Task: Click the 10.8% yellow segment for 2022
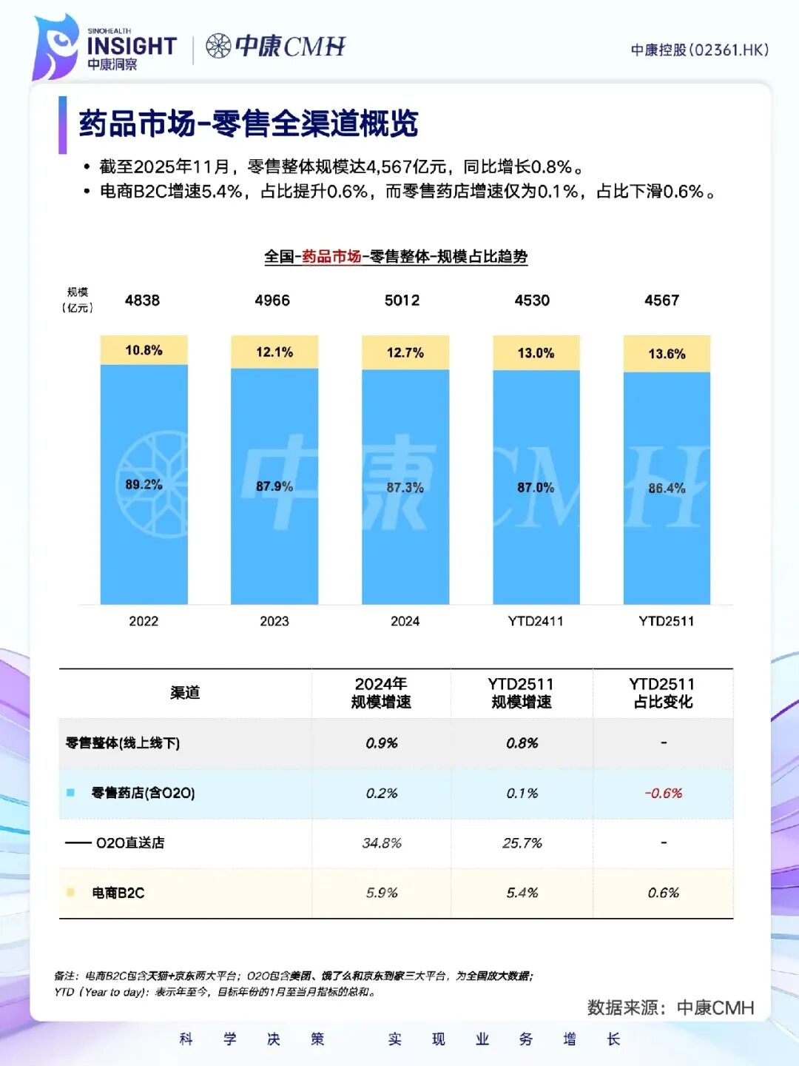pyautogui.click(x=144, y=350)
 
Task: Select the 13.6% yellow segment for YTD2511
pyautogui.click(x=667, y=353)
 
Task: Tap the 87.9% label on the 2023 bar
pyautogui.click(x=274, y=486)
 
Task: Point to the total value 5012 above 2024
pyautogui.click(x=402, y=301)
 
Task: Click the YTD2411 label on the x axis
pyautogui.click(x=536, y=621)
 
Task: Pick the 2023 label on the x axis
pyautogui.click(x=274, y=621)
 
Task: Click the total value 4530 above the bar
pyautogui.click(x=532, y=301)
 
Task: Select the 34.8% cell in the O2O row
pyautogui.click(x=382, y=843)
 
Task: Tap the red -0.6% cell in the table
pyautogui.click(x=664, y=793)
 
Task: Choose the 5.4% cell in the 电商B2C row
pyautogui.click(x=522, y=893)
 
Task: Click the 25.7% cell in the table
pyautogui.click(x=522, y=843)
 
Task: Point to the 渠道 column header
pyautogui.click(x=185, y=693)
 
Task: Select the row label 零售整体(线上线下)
pyautogui.click(x=123, y=743)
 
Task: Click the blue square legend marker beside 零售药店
pyautogui.click(x=70, y=793)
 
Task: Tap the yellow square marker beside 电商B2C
pyautogui.click(x=70, y=893)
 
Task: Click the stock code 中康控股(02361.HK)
pyautogui.click(x=699, y=50)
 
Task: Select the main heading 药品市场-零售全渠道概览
pyautogui.click(x=249, y=124)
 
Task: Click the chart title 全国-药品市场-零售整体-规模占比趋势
pyautogui.click(x=396, y=257)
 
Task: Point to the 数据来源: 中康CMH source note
pyautogui.click(x=670, y=1008)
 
